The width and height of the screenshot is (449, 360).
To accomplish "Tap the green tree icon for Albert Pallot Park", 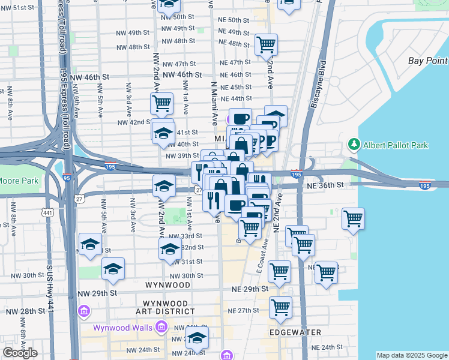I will tap(354, 145).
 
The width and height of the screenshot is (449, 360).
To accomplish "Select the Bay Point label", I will tap(428, 61).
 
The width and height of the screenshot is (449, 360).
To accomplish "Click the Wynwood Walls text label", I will tap(123, 328).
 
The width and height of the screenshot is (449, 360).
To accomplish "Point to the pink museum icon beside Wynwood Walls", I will tap(161, 327).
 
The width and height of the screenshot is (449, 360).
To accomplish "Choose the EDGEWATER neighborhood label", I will tap(295, 332).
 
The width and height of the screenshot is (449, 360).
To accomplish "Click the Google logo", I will tap(20, 353).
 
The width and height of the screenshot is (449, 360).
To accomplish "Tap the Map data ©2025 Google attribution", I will tap(412, 355).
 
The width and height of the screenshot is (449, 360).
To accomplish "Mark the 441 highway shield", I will tap(48, 212).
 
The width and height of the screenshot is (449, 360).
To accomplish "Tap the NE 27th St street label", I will tap(243, 310).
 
